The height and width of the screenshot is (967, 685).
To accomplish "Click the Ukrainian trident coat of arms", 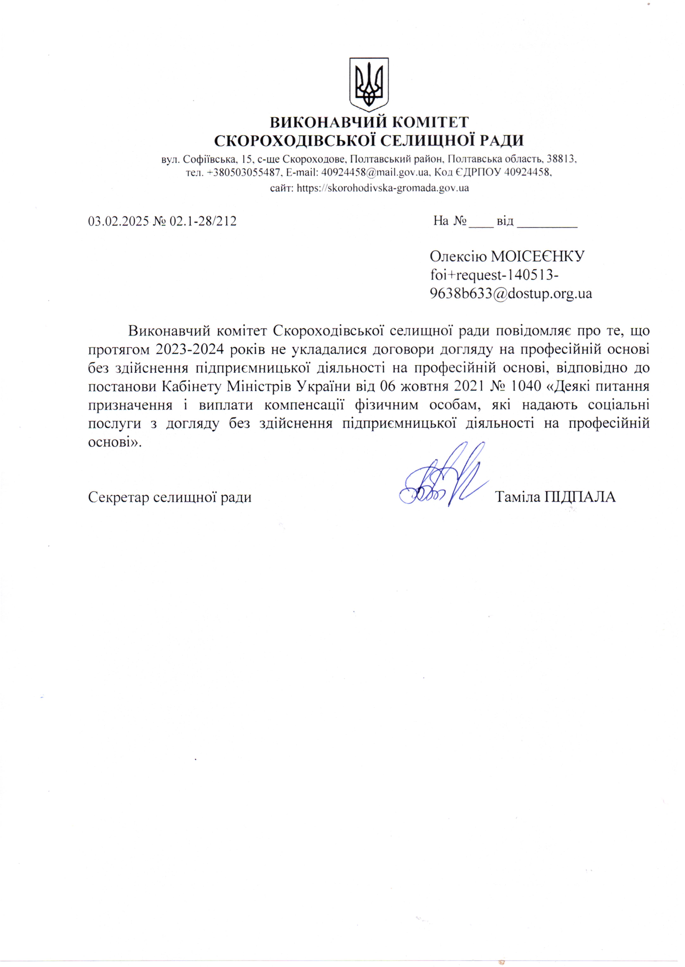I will click(369, 84).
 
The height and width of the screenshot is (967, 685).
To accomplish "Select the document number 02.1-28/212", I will click(202, 221).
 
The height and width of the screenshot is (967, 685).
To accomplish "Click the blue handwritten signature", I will click(443, 477).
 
